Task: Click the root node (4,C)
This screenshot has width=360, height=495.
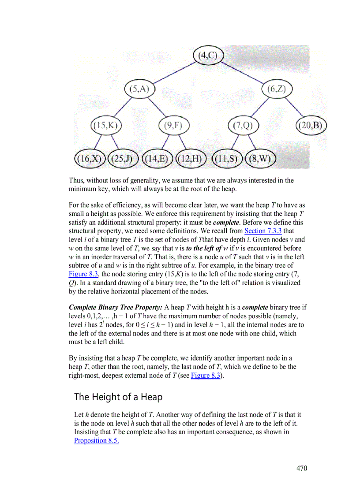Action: point(209,56)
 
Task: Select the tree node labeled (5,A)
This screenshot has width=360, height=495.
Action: point(139,89)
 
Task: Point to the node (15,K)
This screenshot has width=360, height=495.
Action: point(106,126)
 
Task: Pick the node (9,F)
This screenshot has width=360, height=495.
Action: point(173,126)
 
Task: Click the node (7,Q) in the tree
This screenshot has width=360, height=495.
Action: point(243,126)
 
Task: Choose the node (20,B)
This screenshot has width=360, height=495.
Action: point(311,126)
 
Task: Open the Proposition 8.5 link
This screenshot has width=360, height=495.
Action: point(96,440)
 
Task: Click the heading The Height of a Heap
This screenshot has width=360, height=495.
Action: point(118,397)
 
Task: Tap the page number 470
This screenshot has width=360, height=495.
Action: point(301,468)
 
